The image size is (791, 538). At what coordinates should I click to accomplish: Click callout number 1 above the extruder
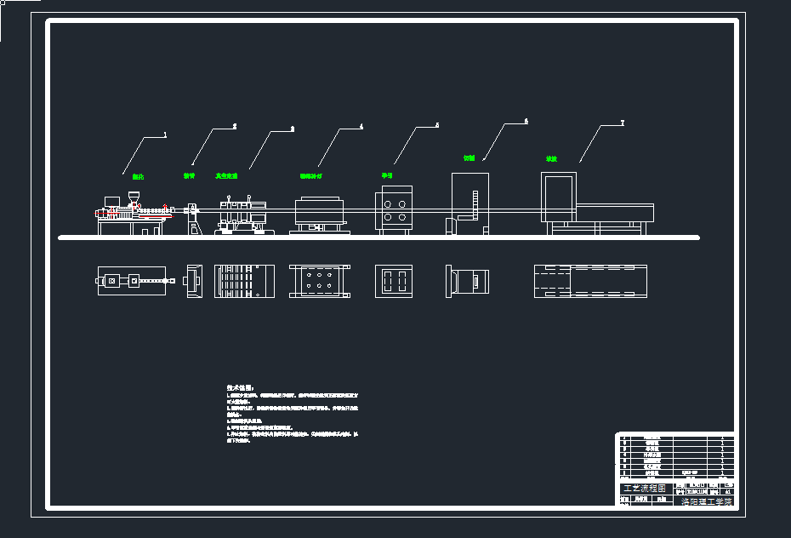pos(165,134)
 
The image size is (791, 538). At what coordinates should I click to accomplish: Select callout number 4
pos(361,127)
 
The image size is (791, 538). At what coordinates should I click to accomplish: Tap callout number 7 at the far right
pos(622,123)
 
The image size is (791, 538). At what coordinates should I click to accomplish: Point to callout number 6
pos(526,122)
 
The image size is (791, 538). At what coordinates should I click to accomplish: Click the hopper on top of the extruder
pos(133,200)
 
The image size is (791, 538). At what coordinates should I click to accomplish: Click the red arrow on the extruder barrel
pos(164,206)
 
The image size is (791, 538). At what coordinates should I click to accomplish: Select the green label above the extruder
pos(138,177)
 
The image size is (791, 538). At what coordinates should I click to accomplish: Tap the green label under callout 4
pos(310,176)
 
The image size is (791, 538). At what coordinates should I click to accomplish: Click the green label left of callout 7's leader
pos(551,159)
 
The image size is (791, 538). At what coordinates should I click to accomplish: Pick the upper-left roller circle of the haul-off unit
pos(387,204)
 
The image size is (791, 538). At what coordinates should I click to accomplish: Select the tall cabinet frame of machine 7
pos(559,197)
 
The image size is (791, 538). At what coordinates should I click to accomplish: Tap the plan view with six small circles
pos(318,281)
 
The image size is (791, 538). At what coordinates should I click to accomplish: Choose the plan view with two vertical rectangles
pos(394,281)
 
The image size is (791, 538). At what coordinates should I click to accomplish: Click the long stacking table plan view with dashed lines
pos(590,281)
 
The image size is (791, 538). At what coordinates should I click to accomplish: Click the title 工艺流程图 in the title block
pos(644,489)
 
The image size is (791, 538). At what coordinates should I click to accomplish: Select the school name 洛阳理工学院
pos(705,502)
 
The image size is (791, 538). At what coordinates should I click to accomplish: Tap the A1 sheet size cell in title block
pos(727,491)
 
